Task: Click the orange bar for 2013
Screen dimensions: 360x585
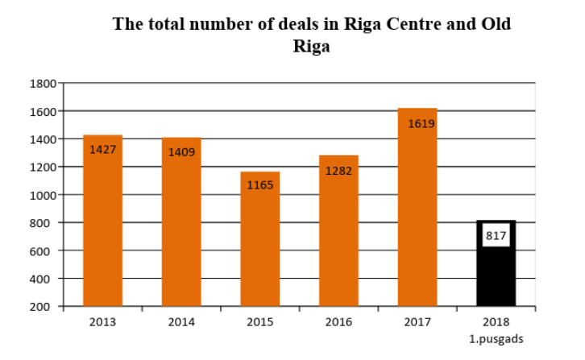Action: tap(102, 221)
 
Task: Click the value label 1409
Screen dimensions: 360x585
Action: tap(181, 151)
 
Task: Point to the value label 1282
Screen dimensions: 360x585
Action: tap(338, 171)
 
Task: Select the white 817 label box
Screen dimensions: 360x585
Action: tap(496, 236)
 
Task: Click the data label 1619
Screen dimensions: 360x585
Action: tap(421, 123)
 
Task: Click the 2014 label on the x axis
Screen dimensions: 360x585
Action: tap(181, 322)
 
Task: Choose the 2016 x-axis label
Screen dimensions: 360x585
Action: tap(338, 322)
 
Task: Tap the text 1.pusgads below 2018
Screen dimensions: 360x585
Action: tap(496, 338)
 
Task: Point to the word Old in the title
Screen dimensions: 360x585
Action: tap(494, 23)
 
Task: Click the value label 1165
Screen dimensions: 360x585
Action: tap(260, 184)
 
